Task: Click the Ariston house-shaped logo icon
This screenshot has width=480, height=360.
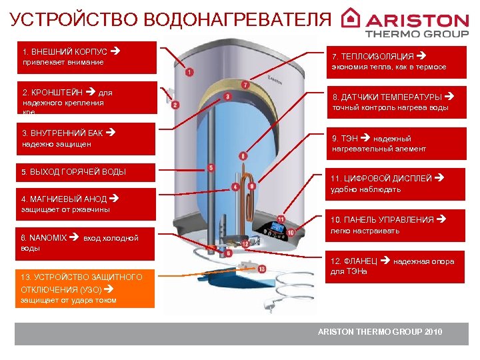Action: pos(351,18)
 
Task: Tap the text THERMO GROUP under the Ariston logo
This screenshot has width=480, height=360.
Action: pos(417,33)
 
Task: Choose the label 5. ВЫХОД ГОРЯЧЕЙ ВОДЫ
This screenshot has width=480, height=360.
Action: pos(73,172)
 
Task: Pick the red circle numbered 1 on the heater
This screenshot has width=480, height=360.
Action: pos(190,72)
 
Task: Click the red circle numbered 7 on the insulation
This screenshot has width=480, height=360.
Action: pos(246,85)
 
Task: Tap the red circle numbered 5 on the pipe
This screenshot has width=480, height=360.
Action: pos(211,168)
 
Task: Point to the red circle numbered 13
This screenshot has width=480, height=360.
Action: pos(261,269)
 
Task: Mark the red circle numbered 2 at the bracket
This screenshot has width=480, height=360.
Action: pos(175,105)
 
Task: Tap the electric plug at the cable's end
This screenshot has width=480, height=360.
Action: pos(271,306)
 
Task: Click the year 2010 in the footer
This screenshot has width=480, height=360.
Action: pos(432,332)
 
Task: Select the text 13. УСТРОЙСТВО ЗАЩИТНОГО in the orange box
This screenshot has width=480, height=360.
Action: pos(81,277)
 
